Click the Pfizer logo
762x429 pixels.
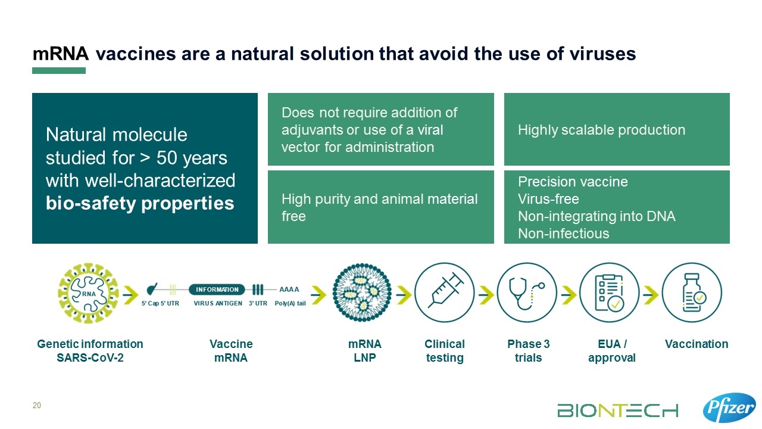(x=729, y=408)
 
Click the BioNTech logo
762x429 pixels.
(x=617, y=411)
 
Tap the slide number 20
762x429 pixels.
(x=37, y=405)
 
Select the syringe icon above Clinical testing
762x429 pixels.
(x=444, y=293)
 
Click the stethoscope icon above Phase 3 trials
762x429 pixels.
(x=527, y=293)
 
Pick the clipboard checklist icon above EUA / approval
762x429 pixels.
(x=609, y=293)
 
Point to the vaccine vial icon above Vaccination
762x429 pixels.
(x=692, y=293)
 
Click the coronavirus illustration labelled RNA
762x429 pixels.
(x=88, y=293)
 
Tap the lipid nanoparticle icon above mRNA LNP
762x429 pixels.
(x=362, y=293)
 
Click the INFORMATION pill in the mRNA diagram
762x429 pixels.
(x=217, y=290)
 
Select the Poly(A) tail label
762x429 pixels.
(x=290, y=303)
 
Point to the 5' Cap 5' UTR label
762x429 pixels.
(x=160, y=303)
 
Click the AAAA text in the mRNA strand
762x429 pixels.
(x=289, y=290)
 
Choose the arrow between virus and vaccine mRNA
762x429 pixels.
(x=130, y=295)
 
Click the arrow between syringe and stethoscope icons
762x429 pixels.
(x=486, y=295)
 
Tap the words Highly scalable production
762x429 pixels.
(x=601, y=130)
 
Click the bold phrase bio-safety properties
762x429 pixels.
(x=140, y=203)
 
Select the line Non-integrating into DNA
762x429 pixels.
(x=597, y=216)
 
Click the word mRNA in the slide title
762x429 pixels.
(x=61, y=54)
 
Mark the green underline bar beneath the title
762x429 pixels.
(x=59, y=70)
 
